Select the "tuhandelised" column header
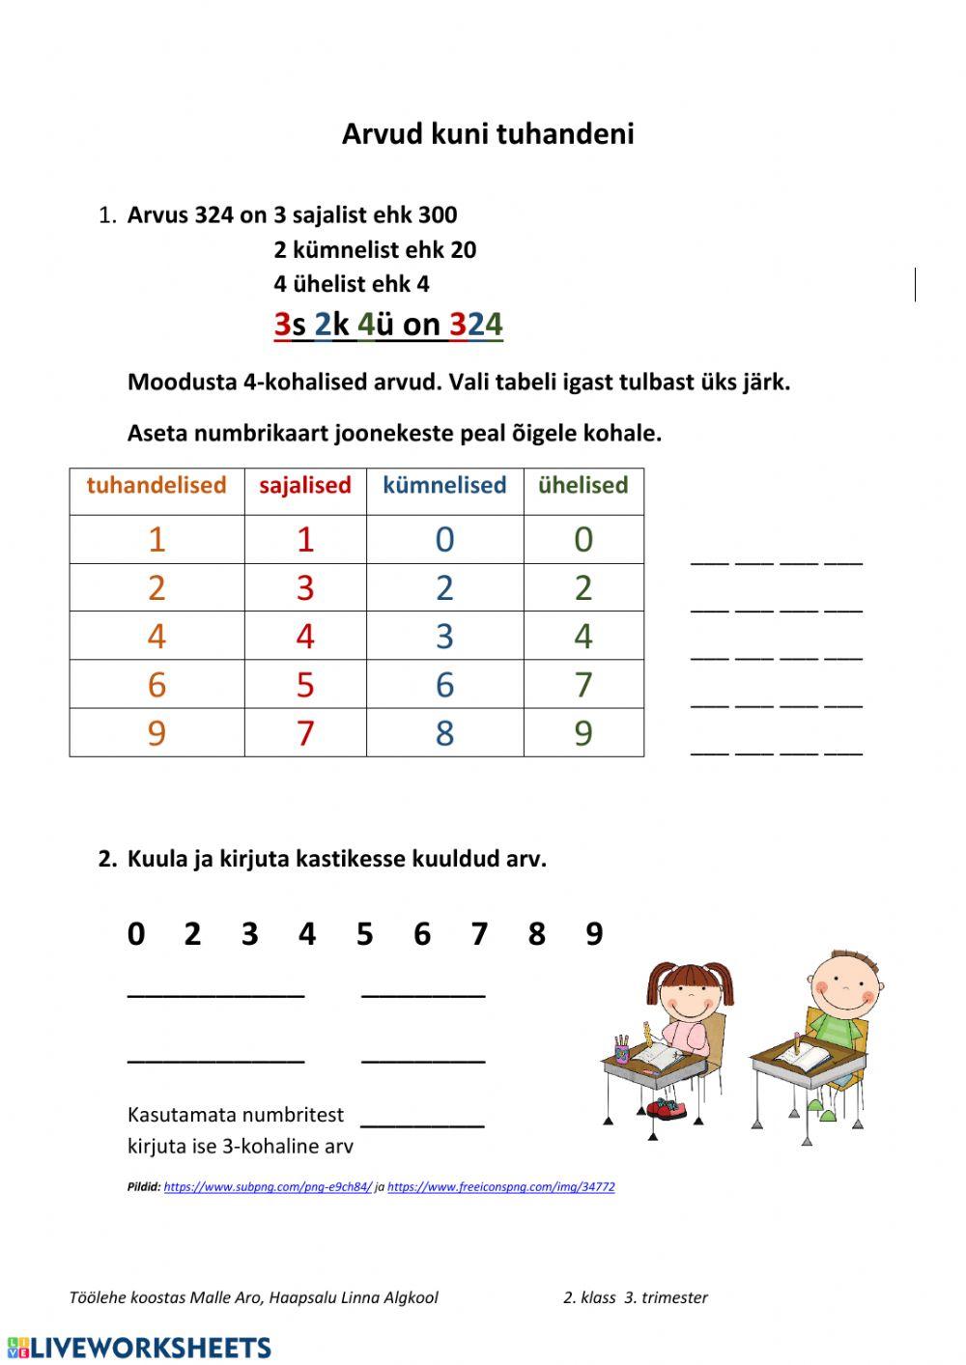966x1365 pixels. (x=156, y=485)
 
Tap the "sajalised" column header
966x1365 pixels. (x=305, y=485)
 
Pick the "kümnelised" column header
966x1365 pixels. (x=444, y=485)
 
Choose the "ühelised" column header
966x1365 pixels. (x=583, y=485)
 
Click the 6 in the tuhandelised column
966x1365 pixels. (x=156, y=685)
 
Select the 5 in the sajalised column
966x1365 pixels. (x=305, y=685)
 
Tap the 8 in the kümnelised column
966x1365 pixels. (x=444, y=733)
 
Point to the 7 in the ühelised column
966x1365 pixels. (x=583, y=685)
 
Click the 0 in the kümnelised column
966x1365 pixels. (x=444, y=539)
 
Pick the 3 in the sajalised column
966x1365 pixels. (x=305, y=587)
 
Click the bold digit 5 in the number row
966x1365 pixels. (x=364, y=934)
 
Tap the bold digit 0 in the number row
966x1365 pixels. (x=136, y=934)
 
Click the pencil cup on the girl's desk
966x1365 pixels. (x=622, y=1050)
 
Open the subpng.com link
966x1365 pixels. (x=268, y=1187)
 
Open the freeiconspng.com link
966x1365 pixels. (x=500, y=1187)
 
